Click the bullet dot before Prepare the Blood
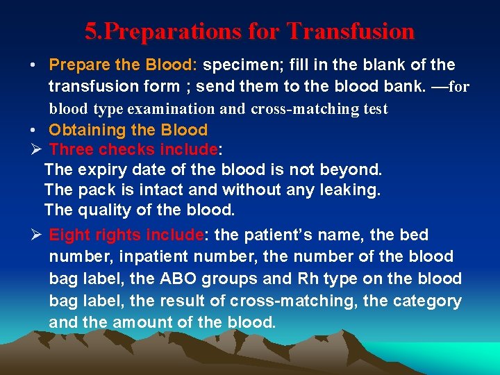tap(33, 65)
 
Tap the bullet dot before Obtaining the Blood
tap(33, 130)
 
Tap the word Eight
tap(70, 235)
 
